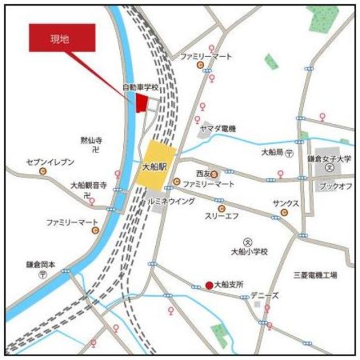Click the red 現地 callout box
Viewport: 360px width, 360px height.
(x=62, y=38)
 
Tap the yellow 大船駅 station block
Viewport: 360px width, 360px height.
(x=156, y=166)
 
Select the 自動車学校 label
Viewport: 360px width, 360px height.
(x=141, y=88)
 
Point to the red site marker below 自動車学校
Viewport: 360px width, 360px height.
(x=141, y=102)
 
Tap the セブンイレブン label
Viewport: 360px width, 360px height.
(x=50, y=162)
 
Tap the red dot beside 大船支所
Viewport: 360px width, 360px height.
(x=209, y=285)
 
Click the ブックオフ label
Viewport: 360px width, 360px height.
(x=335, y=186)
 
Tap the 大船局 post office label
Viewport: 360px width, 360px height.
(x=274, y=152)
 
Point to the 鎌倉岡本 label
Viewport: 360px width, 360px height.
(x=40, y=264)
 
